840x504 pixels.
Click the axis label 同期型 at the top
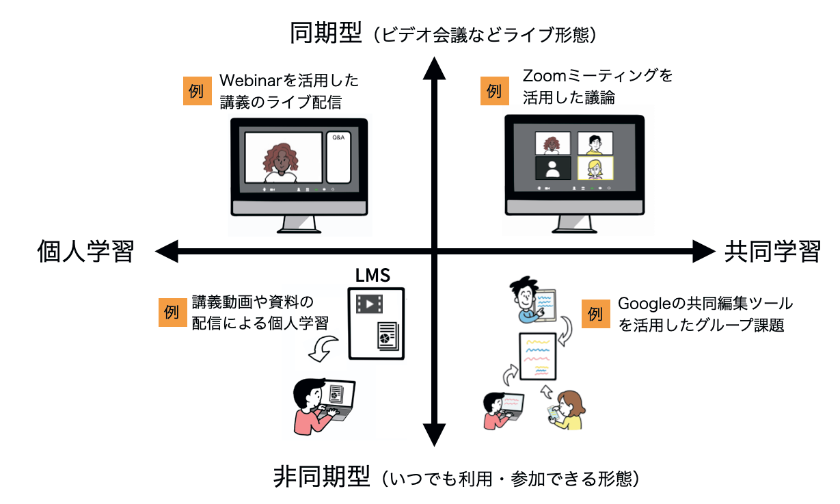point(325,33)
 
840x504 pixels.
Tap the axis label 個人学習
point(84,252)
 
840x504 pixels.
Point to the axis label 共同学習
point(772,252)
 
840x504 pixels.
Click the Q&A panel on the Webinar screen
point(338,157)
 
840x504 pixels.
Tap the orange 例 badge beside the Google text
point(595,314)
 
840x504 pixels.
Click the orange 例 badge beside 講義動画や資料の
point(172,313)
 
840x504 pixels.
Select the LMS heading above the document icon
point(372,276)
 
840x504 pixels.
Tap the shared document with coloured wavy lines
point(538,356)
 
